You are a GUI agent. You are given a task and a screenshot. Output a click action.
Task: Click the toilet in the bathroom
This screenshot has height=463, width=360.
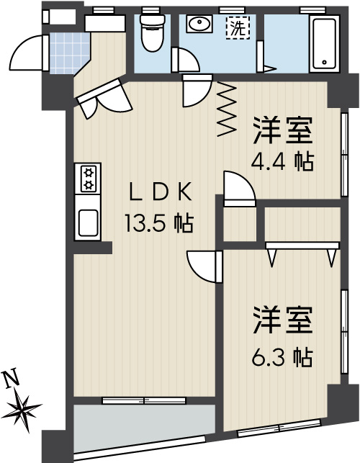pos(152,33)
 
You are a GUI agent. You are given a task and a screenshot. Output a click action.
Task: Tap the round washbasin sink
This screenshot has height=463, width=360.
pos(199,23)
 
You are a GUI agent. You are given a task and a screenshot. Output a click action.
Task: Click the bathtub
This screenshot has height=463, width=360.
pos(324,43)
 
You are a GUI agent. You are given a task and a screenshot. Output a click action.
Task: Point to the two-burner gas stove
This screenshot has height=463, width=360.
pos(88,179)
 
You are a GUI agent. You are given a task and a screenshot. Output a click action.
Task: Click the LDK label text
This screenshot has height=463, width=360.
pos(161,192)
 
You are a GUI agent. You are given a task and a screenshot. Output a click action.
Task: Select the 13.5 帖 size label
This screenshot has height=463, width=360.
pos(159,223)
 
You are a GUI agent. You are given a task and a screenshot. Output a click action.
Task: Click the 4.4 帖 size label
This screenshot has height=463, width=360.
pos(282,161)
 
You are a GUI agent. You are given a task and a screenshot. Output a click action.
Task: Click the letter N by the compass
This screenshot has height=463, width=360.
pos(11,379)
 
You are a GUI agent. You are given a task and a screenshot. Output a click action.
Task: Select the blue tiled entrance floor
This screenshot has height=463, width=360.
pos(68,53)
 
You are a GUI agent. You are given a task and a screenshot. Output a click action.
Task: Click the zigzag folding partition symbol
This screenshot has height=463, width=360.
pos(227,109)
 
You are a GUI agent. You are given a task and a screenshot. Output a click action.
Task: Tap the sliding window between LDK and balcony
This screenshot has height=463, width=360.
pos(144,400)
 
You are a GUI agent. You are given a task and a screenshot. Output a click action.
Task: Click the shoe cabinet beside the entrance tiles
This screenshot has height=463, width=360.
pos(105,23)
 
